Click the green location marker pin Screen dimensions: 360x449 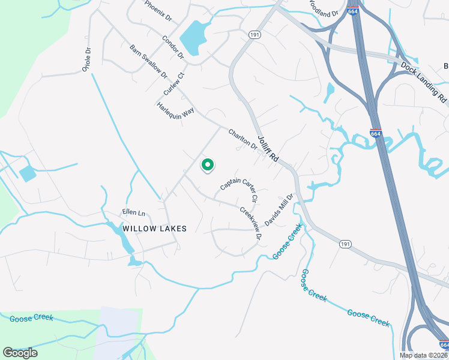pos(207,164)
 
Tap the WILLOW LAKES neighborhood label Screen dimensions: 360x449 pos(154,229)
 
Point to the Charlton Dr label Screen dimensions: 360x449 pos(243,139)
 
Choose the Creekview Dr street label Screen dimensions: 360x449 pos(251,223)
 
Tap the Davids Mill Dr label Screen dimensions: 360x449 pos(279,209)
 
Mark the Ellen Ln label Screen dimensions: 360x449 pos(134,213)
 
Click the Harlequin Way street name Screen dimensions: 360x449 pos(175,112)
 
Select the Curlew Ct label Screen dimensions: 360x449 pos(173,83)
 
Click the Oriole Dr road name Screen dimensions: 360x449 pos(88,61)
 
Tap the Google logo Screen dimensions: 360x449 pos(20,353)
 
